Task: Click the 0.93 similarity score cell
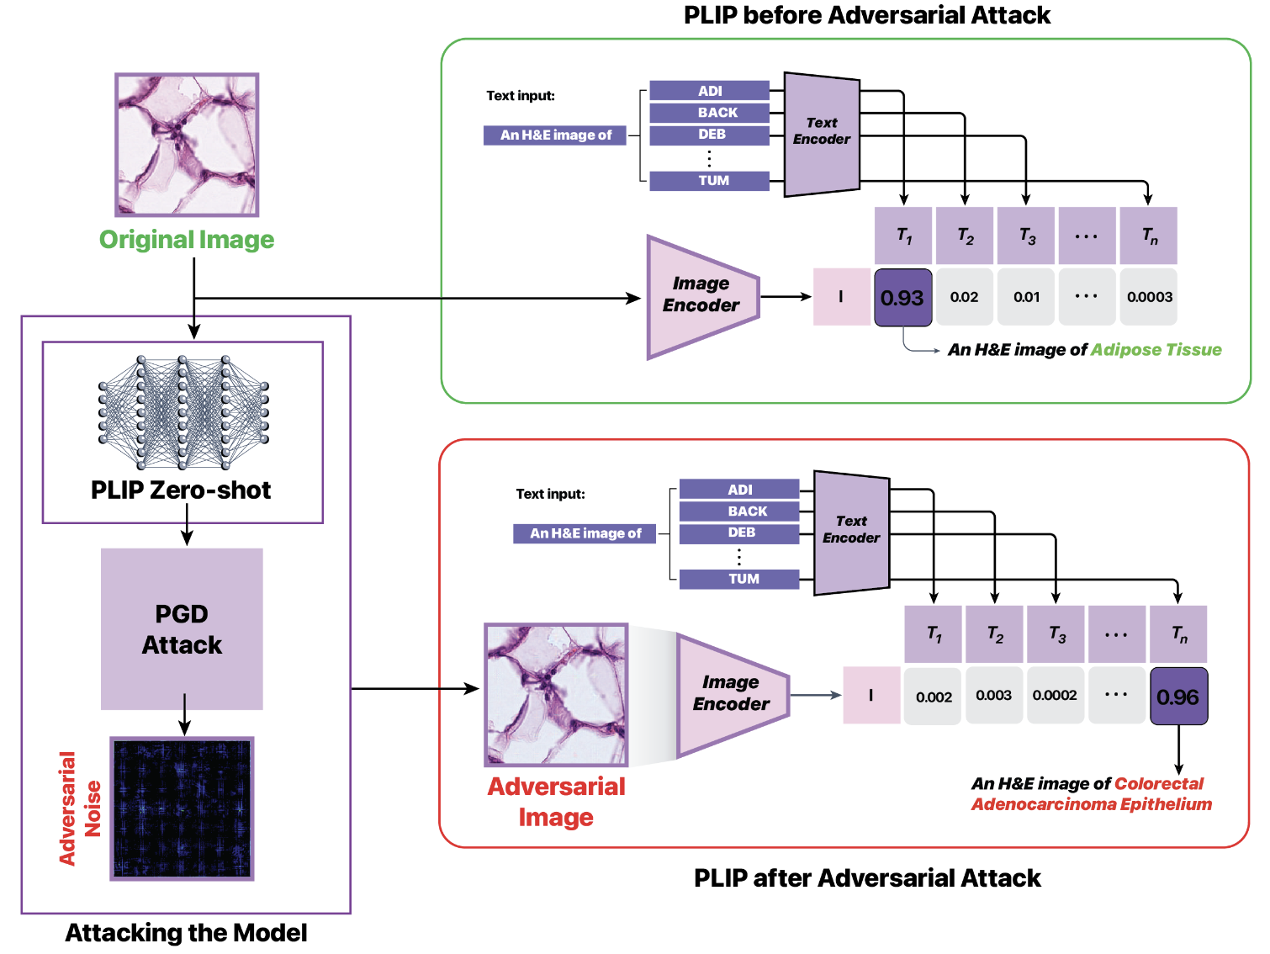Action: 902,298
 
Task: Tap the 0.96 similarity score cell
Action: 1178,697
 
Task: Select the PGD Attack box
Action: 182,629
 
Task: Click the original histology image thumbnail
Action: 187,145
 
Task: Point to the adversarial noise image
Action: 182,809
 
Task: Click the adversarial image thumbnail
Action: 556,695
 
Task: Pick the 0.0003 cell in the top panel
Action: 1149,297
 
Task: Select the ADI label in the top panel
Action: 710,91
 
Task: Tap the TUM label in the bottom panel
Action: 740,579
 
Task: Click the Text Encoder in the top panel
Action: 822,133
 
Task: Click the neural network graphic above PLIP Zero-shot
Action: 183,412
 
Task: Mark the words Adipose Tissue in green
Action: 1156,350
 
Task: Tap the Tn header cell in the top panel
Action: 1149,236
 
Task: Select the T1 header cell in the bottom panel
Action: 934,634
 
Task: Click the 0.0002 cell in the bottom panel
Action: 1055,696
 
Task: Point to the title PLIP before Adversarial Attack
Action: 866,15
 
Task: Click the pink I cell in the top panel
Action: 841,297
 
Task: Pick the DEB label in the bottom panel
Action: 740,533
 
